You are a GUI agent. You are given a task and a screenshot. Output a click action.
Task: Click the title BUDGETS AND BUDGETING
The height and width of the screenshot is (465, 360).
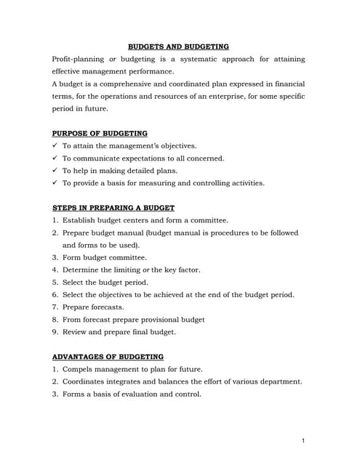coord(178,46)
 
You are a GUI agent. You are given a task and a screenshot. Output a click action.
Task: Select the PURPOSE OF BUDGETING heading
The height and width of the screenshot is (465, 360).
coord(100,133)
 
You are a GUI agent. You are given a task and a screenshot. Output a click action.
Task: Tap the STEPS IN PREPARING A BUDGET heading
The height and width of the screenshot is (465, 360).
coord(113,208)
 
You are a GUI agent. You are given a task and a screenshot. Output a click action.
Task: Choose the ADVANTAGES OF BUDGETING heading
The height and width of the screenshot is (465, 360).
coord(108,357)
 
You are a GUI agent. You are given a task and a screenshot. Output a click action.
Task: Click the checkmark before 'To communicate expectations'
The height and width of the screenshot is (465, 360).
coord(55,158)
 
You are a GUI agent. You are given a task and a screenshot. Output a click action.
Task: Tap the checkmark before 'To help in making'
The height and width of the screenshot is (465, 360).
coord(55,171)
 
